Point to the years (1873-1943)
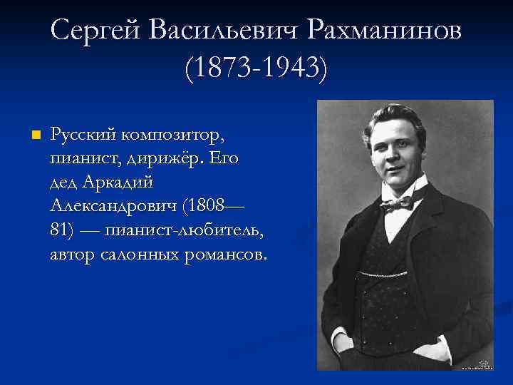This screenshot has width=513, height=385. (x=256, y=68)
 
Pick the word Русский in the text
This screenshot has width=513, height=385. (x=83, y=134)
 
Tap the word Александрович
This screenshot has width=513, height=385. (x=114, y=206)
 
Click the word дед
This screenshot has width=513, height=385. (x=64, y=182)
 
